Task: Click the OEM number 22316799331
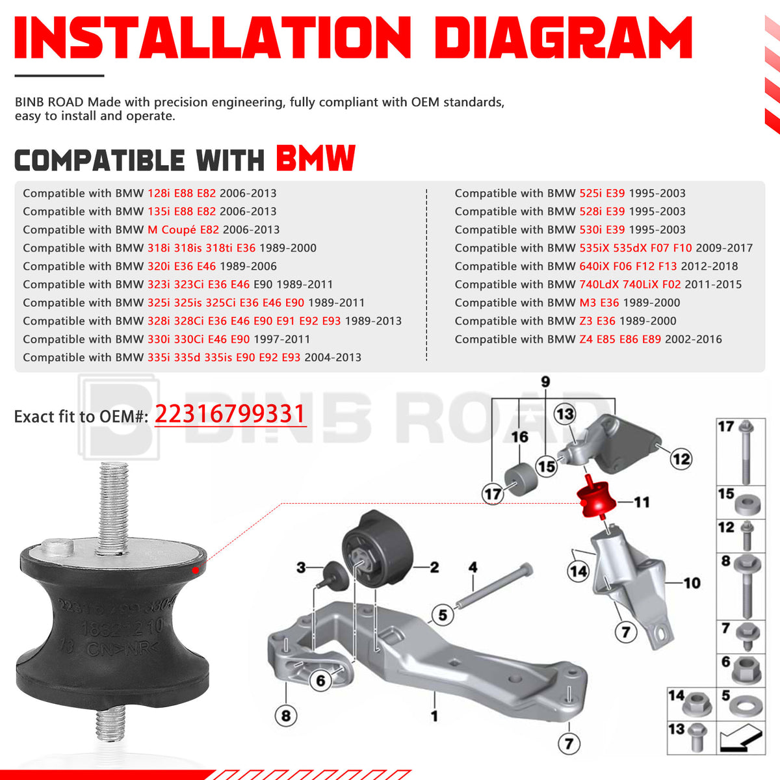pos(229,414)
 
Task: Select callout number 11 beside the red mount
pos(642,502)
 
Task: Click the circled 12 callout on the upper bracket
pos(681,459)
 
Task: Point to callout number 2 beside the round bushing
pos(434,567)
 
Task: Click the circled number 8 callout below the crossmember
pos(286,716)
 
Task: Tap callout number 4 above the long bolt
pos(473,567)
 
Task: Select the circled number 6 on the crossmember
pos(320,681)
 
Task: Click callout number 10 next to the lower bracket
pos(692,582)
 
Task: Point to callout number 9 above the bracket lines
pos(545,382)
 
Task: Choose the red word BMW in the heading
pos(316,158)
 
